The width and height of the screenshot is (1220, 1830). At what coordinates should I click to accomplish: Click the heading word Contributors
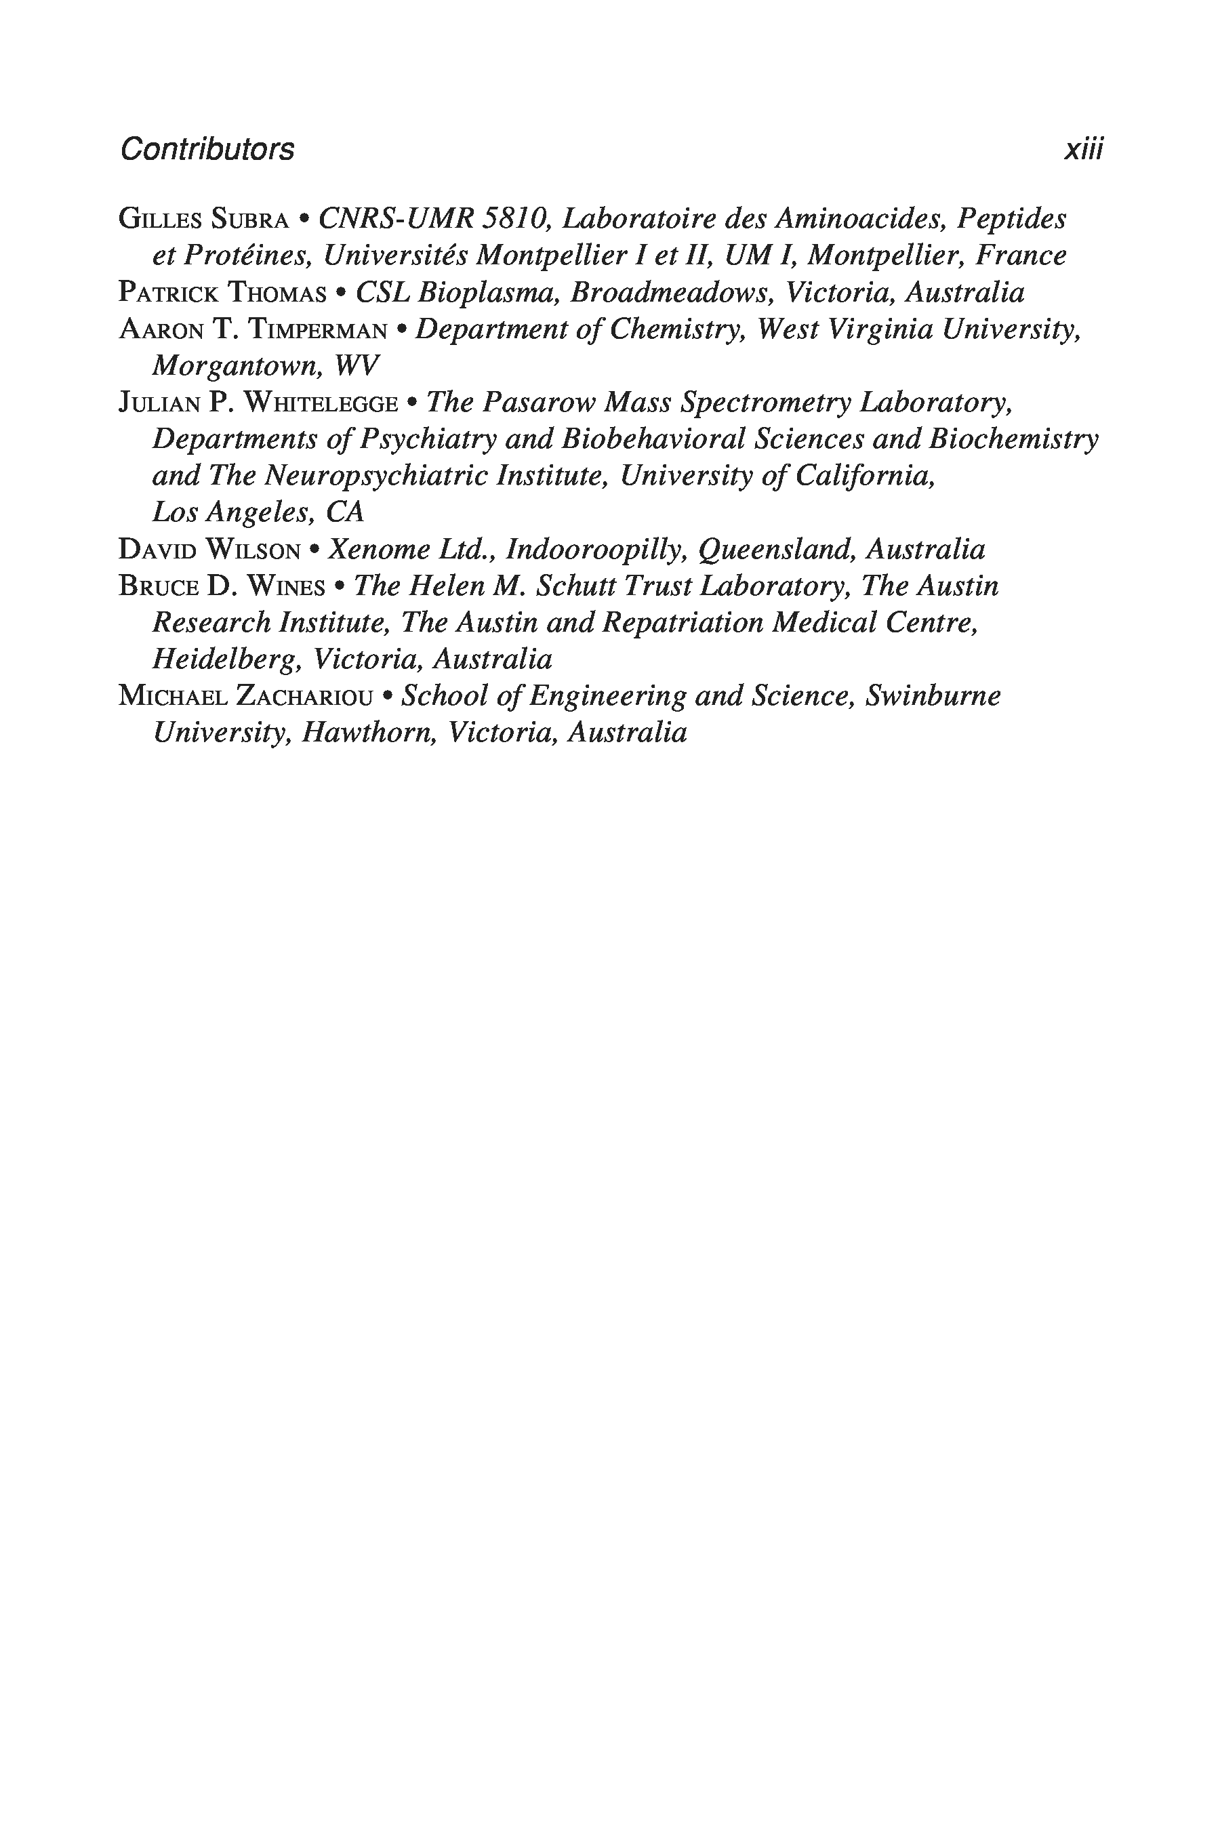tap(207, 149)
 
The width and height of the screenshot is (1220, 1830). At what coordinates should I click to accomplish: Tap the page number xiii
tap(1083, 149)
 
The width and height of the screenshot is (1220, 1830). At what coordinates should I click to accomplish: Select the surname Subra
tap(245, 220)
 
